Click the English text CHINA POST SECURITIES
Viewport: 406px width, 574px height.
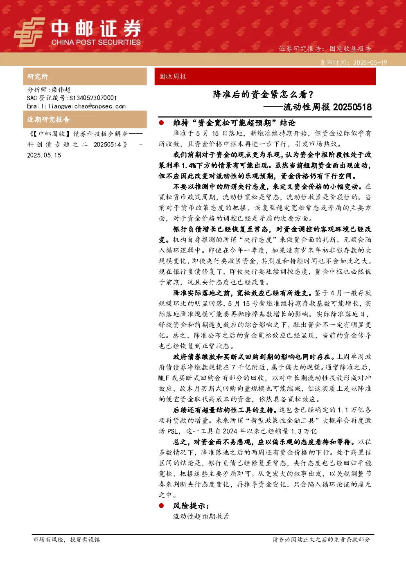pos(96,42)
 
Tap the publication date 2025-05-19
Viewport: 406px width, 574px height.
pos(370,63)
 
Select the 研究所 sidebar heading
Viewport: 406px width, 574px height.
pos(37,77)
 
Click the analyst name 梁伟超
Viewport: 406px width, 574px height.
pos(61,90)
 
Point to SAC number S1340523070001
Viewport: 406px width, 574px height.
pos(93,98)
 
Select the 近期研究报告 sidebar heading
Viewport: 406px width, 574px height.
pos(48,119)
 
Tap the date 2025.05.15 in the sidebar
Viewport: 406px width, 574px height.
pos(44,155)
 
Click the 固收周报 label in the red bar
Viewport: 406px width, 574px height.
pos(173,77)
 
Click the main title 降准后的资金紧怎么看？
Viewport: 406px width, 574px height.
pos(263,95)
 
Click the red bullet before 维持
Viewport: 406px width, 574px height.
pos(161,123)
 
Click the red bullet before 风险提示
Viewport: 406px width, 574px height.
pos(161,505)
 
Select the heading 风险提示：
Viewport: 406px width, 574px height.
pos(191,506)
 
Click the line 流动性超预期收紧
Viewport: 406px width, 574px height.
pos(201,516)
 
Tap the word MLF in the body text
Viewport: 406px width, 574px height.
pos(164,378)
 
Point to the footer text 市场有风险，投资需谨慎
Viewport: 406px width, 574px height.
pos(67,539)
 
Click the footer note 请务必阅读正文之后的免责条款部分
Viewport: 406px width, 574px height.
pos(321,539)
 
